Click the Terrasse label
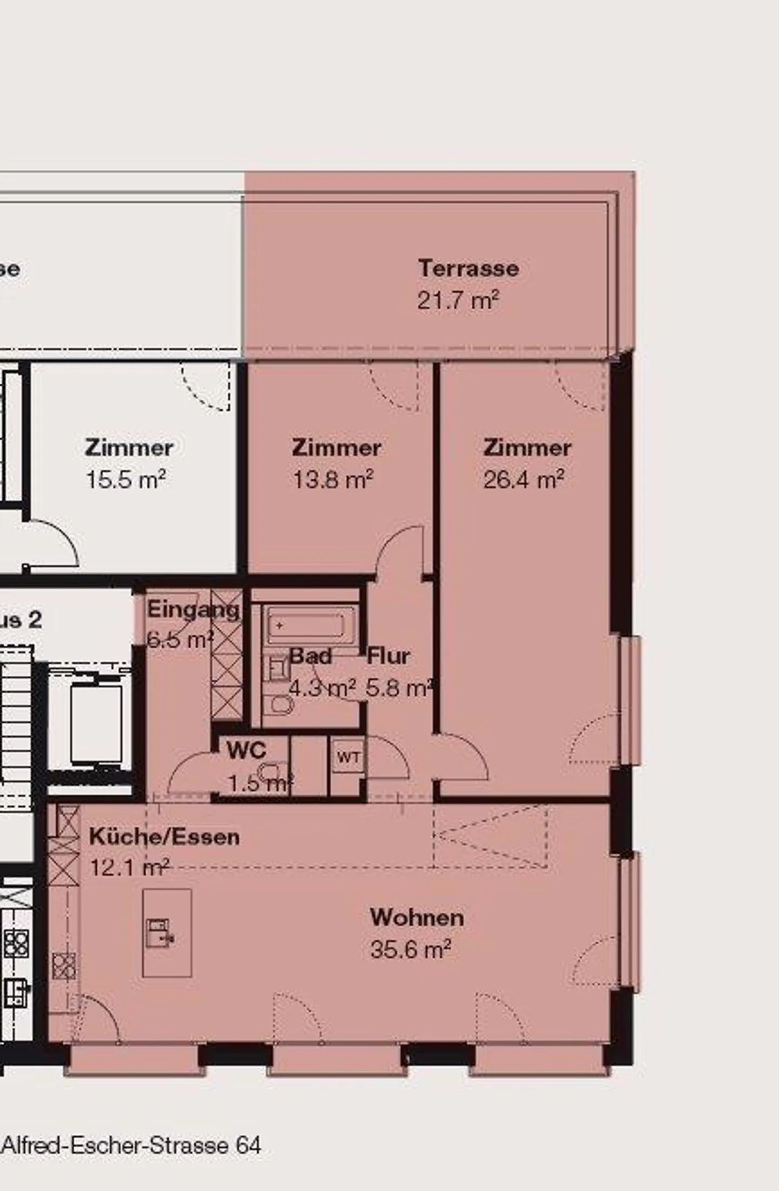[x=468, y=268]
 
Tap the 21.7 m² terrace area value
[x=458, y=300]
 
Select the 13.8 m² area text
[x=333, y=479]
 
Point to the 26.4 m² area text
[x=524, y=479]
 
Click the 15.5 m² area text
[x=126, y=479]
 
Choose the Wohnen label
[x=417, y=917]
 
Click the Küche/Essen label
[x=164, y=836]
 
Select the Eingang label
[x=193, y=610]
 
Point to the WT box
[x=348, y=757]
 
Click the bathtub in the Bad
[x=306, y=626]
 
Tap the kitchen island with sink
[x=167, y=933]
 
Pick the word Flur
[x=388, y=656]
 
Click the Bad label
[x=311, y=656]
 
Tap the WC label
[x=246, y=750]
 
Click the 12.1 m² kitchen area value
[x=130, y=868]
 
